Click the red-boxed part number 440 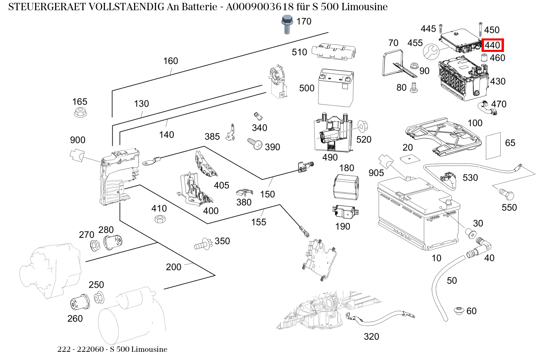pyautogui.click(x=493, y=45)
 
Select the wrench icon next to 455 pyautogui.click(x=430, y=52)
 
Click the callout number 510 pyautogui.click(x=299, y=52)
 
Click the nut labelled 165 pyautogui.click(x=80, y=113)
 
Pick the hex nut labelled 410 pyautogui.click(x=160, y=219)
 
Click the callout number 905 pyautogui.click(x=376, y=173)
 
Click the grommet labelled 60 pyautogui.click(x=459, y=311)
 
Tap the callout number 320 pyautogui.click(x=371, y=337)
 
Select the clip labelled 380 pyautogui.click(x=244, y=192)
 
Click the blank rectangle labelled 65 pyautogui.click(x=493, y=146)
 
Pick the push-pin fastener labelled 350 pyautogui.click(x=203, y=244)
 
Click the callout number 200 pyautogui.click(x=174, y=268)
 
